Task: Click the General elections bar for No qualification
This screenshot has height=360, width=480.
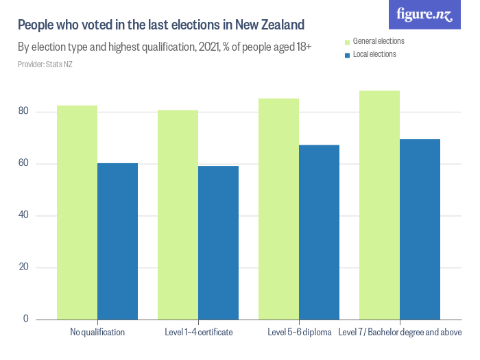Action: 77,213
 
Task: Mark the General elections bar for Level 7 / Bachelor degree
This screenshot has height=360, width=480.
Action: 379,205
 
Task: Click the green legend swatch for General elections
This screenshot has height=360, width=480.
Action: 347,42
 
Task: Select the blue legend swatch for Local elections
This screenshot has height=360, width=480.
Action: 347,55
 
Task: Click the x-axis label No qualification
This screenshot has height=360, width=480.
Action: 97,333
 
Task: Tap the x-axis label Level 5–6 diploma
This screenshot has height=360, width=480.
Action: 299,333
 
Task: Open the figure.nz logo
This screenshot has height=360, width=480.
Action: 425,15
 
